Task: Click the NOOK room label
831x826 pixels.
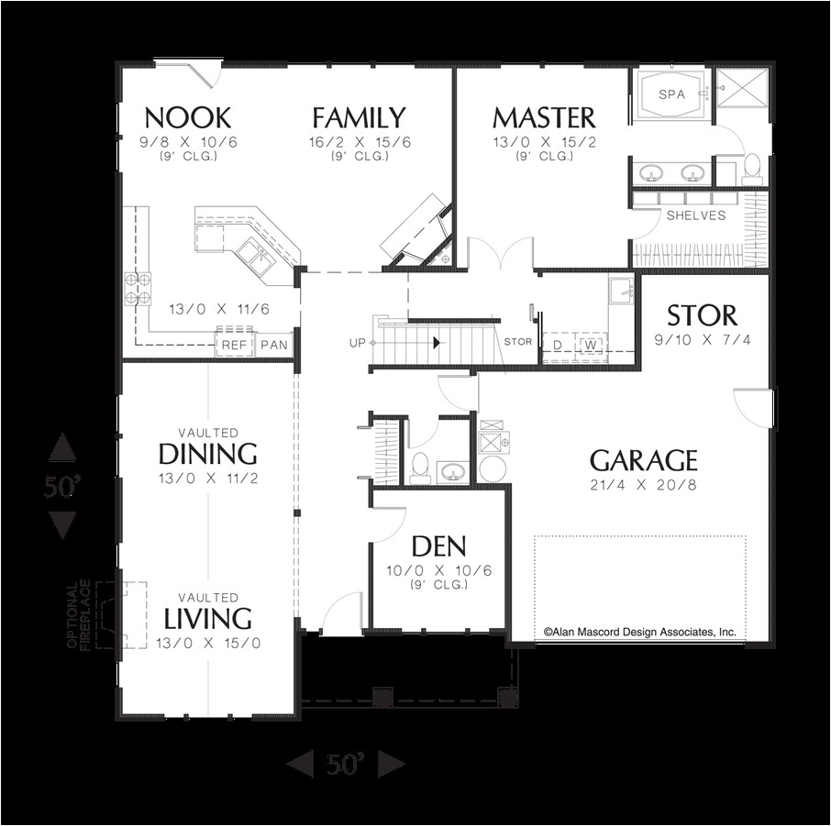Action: coord(187,118)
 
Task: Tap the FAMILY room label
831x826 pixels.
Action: coord(359,118)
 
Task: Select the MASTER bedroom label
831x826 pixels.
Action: coord(544,118)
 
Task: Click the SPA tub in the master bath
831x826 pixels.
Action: coord(670,94)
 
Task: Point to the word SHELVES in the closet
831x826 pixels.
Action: coord(696,216)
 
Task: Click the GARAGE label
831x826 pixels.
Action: coord(643,460)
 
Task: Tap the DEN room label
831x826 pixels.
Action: coord(438,547)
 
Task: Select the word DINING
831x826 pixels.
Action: coord(207,454)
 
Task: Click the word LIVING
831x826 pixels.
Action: coord(208,619)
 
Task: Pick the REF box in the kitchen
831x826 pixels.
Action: coord(232,345)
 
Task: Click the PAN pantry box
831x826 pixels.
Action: coord(273,345)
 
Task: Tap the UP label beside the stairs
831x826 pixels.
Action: coord(358,343)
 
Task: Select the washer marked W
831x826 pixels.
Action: coord(592,345)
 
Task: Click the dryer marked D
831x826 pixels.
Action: coord(557,345)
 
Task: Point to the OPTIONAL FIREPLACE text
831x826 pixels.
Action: coord(79,614)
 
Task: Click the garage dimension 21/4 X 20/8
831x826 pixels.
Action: coord(643,484)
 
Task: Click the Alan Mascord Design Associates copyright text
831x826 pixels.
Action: coord(639,632)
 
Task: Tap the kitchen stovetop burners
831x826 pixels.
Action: coord(137,288)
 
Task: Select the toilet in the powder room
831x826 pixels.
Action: coord(420,467)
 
